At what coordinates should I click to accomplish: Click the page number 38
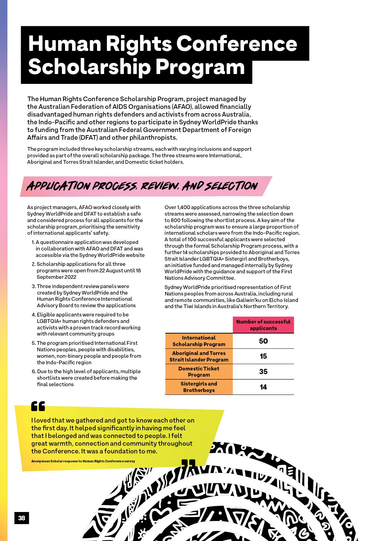click(22, 518)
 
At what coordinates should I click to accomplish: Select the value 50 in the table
click(263, 341)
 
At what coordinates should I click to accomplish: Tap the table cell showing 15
click(263, 356)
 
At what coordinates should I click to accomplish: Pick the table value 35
click(263, 372)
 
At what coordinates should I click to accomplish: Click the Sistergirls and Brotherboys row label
click(199, 387)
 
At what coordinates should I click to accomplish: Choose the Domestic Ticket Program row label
click(199, 372)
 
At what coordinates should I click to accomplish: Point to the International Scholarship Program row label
click(199, 341)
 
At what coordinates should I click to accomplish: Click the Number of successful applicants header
click(263, 325)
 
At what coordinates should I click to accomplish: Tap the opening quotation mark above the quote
click(38, 406)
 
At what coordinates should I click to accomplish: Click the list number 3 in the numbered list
click(34, 286)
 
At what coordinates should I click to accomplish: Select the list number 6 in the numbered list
click(34, 371)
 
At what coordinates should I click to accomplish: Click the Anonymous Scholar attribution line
click(83, 461)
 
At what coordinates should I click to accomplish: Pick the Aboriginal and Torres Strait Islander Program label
click(199, 356)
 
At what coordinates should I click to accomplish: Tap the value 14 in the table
click(263, 387)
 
